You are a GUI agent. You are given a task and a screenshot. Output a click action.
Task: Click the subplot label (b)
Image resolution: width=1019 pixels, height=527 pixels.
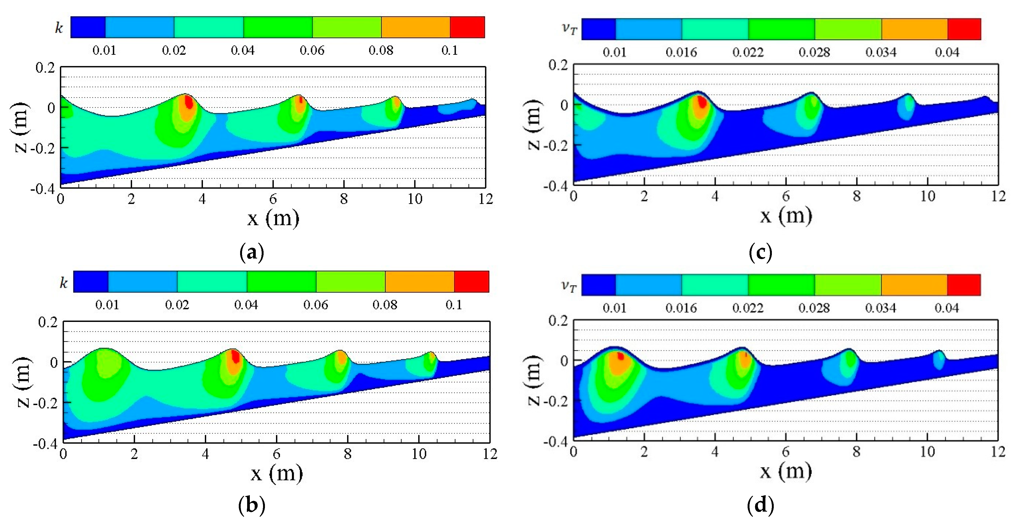coord(252,505)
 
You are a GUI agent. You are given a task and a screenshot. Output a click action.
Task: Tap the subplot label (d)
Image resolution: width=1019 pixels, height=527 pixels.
coord(760,505)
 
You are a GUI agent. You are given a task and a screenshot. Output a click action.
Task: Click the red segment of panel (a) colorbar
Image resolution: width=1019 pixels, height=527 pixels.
coord(467,27)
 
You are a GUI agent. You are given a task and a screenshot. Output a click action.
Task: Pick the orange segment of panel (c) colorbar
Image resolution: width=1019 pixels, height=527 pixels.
coord(914,29)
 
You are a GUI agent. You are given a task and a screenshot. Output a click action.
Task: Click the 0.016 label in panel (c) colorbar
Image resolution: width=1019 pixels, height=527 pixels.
coord(681,52)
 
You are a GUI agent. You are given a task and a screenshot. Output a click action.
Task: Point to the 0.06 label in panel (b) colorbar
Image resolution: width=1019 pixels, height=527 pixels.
coord(315,305)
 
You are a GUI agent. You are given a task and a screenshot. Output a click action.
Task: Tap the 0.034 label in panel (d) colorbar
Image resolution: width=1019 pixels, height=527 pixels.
coord(880,308)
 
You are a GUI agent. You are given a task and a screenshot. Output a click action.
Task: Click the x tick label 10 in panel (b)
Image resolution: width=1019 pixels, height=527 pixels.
coord(419,454)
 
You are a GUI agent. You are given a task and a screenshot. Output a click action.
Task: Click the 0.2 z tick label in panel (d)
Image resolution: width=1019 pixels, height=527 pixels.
coord(558,320)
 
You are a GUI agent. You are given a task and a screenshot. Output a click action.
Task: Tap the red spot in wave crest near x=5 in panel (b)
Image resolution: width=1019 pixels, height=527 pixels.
coord(235,357)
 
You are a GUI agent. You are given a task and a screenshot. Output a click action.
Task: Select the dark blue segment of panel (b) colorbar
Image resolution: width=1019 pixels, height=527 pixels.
coord(91,281)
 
